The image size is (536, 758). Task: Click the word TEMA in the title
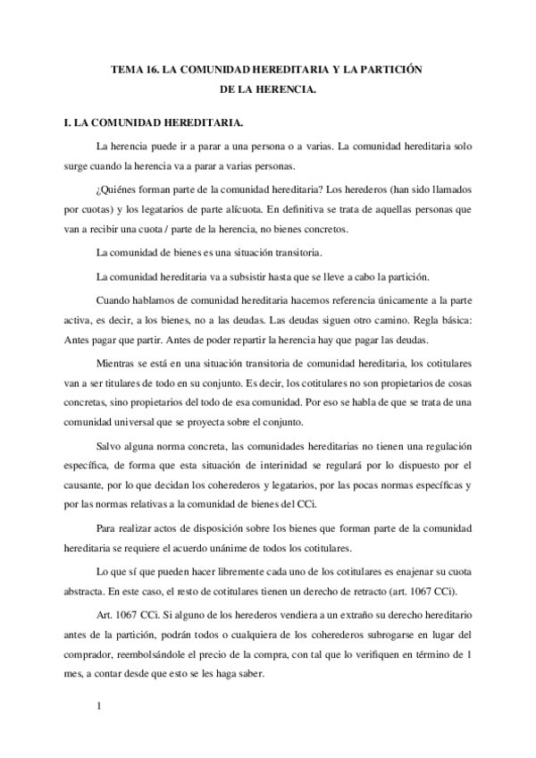click(x=124, y=69)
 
